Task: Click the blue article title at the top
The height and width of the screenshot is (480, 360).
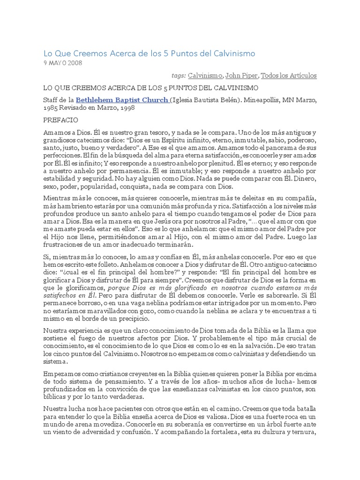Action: tap(150, 54)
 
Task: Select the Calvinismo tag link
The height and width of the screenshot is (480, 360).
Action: tap(205, 75)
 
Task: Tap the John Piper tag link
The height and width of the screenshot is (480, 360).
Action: tap(241, 75)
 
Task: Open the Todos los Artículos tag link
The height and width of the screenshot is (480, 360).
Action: tap(288, 75)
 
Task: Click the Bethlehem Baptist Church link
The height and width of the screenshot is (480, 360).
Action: tap(122, 100)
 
